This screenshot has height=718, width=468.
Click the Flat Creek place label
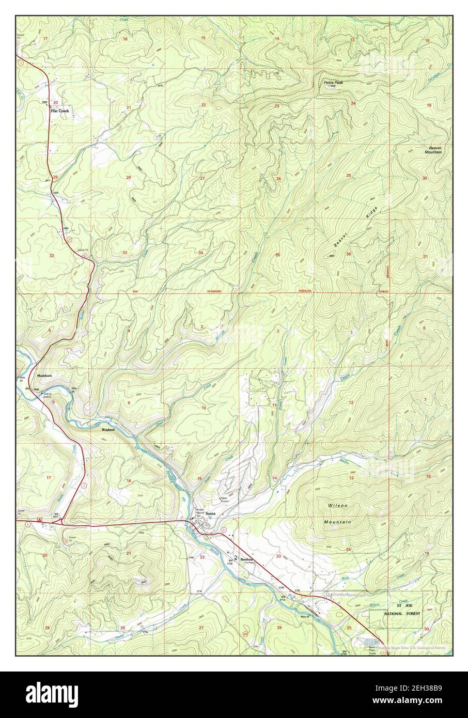(59, 111)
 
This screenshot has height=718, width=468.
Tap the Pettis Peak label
(333, 82)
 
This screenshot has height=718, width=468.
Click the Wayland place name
(108, 429)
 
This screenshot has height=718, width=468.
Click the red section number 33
(125, 253)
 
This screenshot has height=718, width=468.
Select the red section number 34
(200, 253)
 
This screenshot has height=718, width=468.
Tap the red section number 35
(277, 255)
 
